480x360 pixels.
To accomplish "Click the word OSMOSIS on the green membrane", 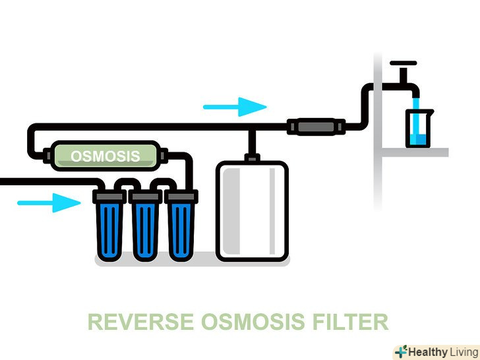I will [x=105, y=156].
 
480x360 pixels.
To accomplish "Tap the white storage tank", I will [x=253, y=212].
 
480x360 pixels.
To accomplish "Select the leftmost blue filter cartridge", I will [x=109, y=227].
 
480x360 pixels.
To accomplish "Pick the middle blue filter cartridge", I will [x=145, y=227].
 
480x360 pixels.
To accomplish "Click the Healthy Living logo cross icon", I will [x=400, y=351].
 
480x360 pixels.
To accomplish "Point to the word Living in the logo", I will [x=460, y=351].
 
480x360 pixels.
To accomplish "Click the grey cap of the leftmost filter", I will [x=109, y=196].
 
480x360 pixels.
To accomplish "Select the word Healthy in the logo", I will [x=427, y=351].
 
